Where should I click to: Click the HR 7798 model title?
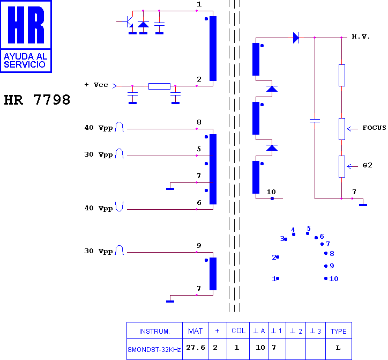(x=37, y=100)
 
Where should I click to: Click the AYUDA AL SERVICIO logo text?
(x=25, y=61)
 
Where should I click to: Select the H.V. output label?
(x=361, y=37)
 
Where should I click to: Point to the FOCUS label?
(x=374, y=128)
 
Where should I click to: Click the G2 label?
(x=367, y=165)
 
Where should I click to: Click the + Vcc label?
(x=96, y=85)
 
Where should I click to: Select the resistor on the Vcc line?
(x=159, y=86)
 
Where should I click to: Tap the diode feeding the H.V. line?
(x=296, y=38)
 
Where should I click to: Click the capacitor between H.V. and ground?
(x=315, y=121)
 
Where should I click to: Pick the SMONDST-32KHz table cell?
(x=154, y=350)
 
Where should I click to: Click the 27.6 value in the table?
(x=196, y=348)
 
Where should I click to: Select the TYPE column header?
(x=339, y=331)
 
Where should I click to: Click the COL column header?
(x=238, y=331)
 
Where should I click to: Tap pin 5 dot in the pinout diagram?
(x=308, y=233)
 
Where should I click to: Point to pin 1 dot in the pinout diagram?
(x=278, y=278)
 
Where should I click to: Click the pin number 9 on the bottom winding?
(x=199, y=246)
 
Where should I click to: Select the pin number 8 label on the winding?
(x=199, y=122)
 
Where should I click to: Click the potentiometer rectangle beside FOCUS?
(x=342, y=129)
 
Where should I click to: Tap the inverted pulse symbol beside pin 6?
(x=120, y=207)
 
